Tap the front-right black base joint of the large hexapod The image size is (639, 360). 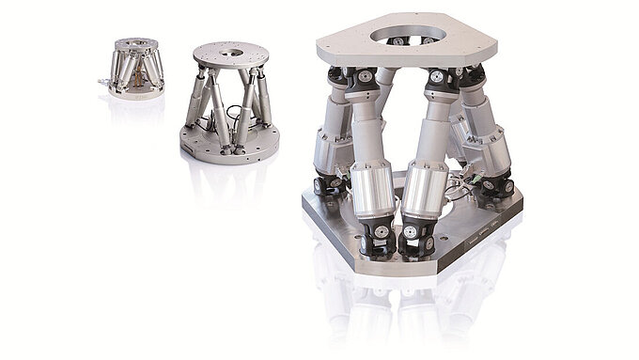[413, 241]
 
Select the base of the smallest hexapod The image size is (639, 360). [134, 92]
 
